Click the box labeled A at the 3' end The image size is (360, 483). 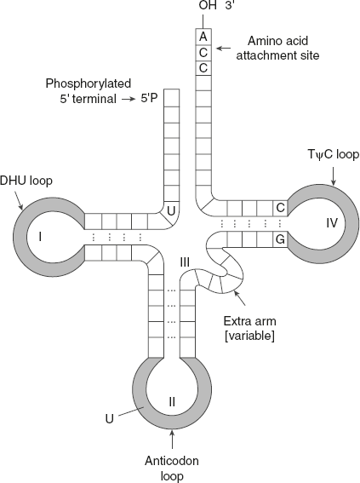pos(203,37)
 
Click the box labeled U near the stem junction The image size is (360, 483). pos(171,209)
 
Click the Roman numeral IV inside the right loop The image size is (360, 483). pos(330,223)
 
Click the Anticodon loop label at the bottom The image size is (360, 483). pos(174,465)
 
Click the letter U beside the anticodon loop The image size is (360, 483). pos(109,419)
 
